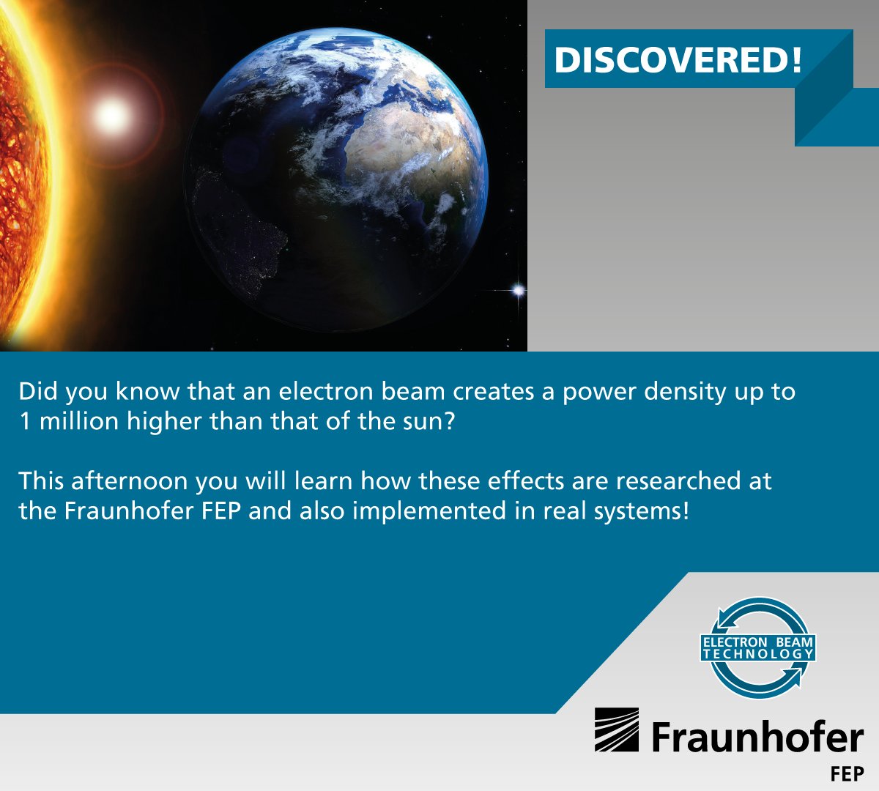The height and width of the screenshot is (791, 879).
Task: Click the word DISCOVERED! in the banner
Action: pos(678,60)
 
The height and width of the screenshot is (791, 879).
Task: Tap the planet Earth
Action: pos(336,179)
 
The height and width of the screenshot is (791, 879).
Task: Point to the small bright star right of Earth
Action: pos(518,291)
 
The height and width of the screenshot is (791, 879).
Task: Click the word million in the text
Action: pos(79,422)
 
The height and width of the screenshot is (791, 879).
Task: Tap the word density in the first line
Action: pos(685,392)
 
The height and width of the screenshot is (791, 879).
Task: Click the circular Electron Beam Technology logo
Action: pos(758,647)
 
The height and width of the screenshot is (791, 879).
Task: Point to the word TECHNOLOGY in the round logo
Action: pos(758,654)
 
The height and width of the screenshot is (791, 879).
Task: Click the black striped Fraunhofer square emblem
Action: pos(616,729)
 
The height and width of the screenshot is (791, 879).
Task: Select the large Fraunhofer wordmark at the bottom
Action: pos(757,736)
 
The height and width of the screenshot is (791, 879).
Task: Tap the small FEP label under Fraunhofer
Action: pos(848,773)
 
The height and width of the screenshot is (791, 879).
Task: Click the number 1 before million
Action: pos(25,422)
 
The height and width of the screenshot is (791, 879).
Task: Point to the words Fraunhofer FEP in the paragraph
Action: pos(152,510)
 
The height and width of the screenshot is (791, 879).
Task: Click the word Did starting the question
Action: pos(38,392)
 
